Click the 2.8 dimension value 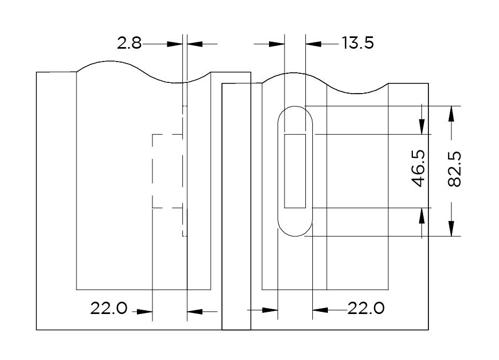[x=129, y=43]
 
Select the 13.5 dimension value [x=358, y=43]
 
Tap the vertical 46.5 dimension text [x=418, y=168]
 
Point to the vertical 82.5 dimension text [x=454, y=168]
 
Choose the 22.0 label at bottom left [x=109, y=308]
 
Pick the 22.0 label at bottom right [x=366, y=308]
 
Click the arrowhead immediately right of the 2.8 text [x=175, y=44]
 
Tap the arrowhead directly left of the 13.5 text [x=313, y=44]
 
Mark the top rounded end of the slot [x=295, y=106]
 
